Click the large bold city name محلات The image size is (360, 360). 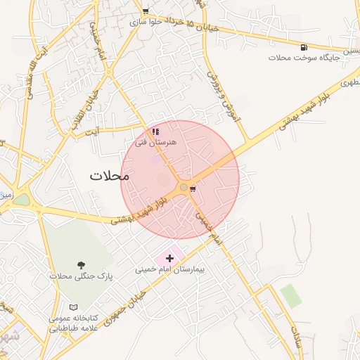pyautogui.click(x=110, y=176)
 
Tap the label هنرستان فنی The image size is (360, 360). pyautogui.click(x=156, y=142)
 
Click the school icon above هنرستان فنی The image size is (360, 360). pyautogui.click(x=155, y=131)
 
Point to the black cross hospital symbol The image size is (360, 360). pyautogui.click(x=169, y=258)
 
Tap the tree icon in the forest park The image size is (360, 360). pyautogui.click(x=82, y=264)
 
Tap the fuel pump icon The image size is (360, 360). pyautogui.click(x=303, y=47)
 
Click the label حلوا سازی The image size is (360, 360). pyautogui.click(x=146, y=22)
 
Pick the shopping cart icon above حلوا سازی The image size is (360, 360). pyautogui.click(x=145, y=11)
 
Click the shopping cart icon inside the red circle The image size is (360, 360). pyautogui.click(x=193, y=188)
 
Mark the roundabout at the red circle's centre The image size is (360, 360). pyautogui.click(x=183, y=187)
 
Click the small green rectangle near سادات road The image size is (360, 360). pyautogui.click(x=291, y=296)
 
